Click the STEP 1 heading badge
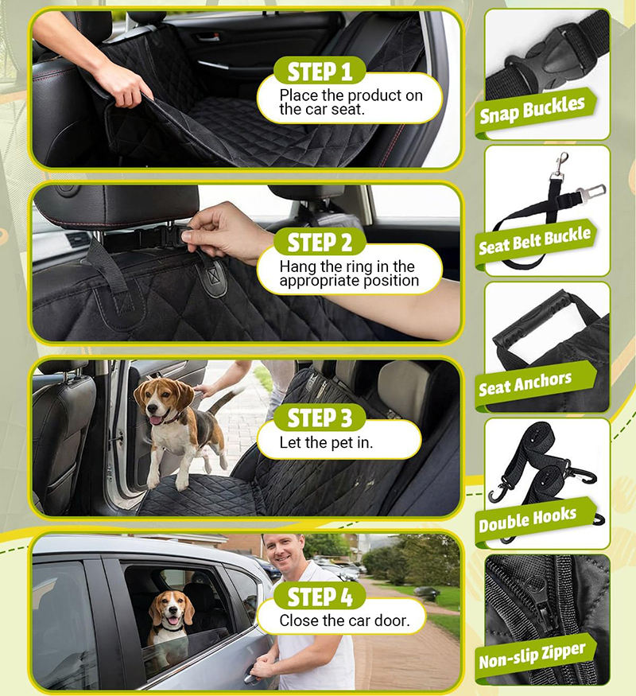[x=320, y=71]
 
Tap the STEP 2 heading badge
[x=320, y=243]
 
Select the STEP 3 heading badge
[x=320, y=418]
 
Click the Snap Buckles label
[x=533, y=110]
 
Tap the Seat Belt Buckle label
[x=535, y=241]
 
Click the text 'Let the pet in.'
[x=326, y=442]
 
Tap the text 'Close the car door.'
[x=344, y=620]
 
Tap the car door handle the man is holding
[x=253, y=674]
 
